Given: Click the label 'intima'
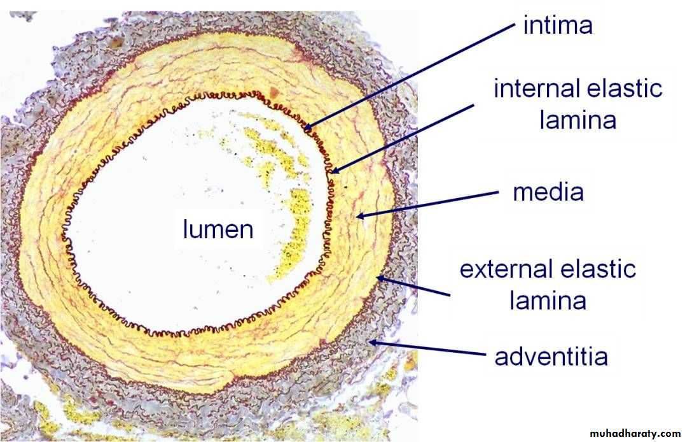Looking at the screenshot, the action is coord(558,25).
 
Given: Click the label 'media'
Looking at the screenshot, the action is coord(548,192).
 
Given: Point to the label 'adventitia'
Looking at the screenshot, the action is coord(551,356).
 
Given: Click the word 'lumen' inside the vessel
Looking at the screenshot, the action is coord(218,229).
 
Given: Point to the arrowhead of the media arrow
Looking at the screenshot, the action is coord(356,216).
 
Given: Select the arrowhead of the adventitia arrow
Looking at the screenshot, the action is coord(370,342).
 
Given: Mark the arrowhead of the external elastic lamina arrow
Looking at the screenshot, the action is coord(376,277).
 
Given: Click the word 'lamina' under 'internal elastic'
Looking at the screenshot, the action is coord(578,120).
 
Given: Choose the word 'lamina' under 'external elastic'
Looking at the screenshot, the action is coord(548,301).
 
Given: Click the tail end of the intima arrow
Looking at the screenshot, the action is coord(515,24).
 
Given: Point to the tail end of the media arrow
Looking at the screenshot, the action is coord(499,192).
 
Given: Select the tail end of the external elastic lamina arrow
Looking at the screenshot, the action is coord(450,296).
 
